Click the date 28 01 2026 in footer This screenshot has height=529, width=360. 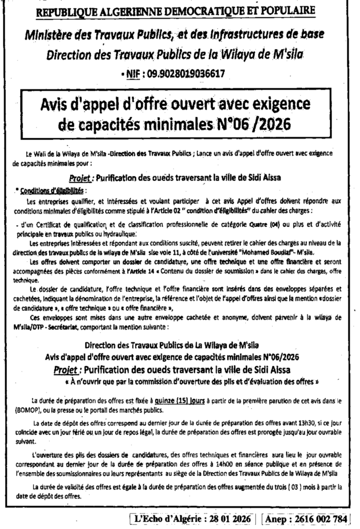click(229, 518)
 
